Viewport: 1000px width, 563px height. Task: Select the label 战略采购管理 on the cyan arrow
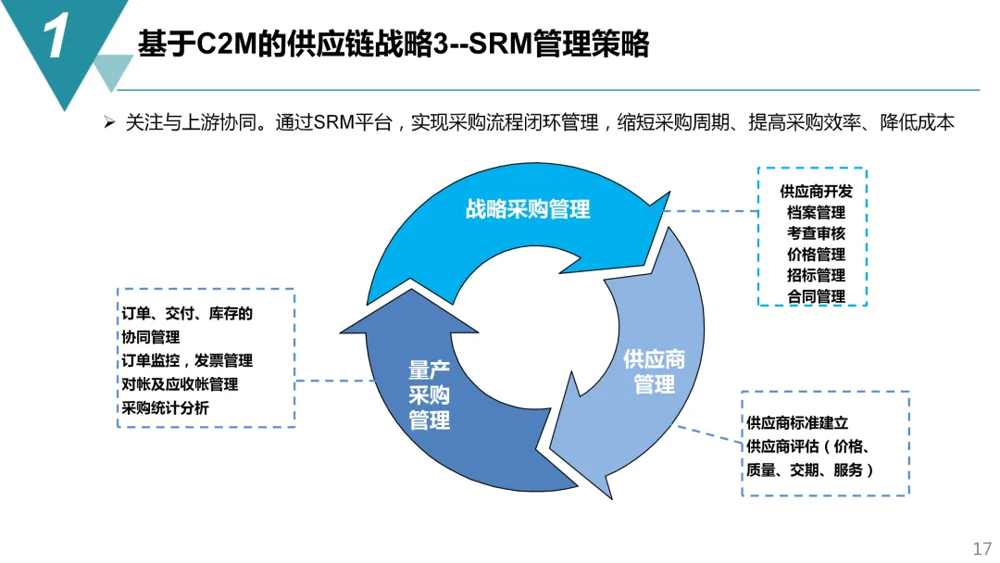527,209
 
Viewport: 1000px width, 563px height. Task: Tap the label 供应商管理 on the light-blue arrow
654,370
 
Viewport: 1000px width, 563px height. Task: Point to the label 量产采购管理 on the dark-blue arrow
429,395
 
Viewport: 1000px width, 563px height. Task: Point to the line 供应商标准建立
797,422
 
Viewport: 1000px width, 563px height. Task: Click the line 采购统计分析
165,407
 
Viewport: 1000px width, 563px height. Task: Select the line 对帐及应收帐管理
180,383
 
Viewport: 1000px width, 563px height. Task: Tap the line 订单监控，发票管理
186,360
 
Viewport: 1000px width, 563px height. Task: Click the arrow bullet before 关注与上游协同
109,123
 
